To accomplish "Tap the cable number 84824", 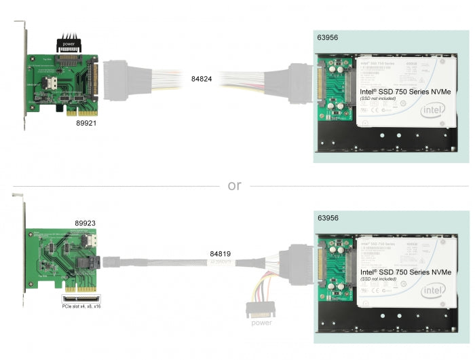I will (202, 79).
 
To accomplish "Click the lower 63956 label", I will (330, 218).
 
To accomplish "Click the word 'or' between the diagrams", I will (234, 185).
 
